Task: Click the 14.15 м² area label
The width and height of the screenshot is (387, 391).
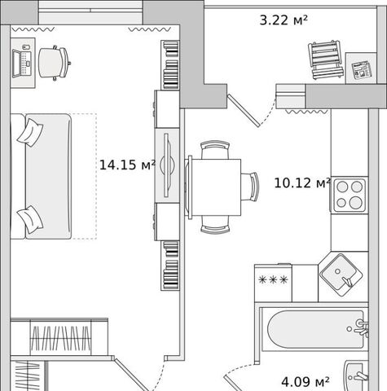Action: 127,165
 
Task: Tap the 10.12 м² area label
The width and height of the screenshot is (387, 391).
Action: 302,182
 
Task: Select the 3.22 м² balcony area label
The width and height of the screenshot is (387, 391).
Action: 284,20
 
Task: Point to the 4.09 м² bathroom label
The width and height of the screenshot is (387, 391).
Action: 306,382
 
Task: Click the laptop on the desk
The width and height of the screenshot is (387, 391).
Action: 22,63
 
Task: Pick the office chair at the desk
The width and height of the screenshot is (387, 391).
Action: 54,63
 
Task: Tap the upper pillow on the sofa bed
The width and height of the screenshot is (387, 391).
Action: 30,132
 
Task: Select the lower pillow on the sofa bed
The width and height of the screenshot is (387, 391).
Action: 30,219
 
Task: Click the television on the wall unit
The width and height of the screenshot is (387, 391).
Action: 168,165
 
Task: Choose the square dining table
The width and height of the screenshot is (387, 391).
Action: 213,187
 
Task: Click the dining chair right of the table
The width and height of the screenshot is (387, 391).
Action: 250,187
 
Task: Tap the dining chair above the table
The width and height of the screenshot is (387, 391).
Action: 215,150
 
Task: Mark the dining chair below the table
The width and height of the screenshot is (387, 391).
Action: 215,225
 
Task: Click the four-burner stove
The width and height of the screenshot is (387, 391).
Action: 349,195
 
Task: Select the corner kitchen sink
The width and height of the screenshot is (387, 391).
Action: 341,275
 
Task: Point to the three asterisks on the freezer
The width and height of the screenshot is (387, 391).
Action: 273,279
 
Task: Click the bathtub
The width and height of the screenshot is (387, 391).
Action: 315,329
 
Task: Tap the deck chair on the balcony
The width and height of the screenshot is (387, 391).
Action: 325,59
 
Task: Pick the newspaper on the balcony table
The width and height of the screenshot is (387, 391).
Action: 362,70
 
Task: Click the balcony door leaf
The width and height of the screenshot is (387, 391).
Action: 244,111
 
